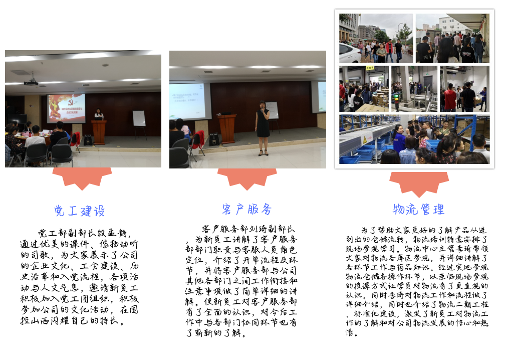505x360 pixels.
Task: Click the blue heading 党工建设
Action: point(80,211)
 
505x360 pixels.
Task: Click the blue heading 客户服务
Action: point(247,209)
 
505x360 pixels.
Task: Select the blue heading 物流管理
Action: point(419,209)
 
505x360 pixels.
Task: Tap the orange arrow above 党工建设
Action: point(82,177)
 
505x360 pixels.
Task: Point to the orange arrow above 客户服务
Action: point(247,178)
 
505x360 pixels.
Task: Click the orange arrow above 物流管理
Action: point(419,183)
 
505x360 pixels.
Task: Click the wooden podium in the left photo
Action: point(99,132)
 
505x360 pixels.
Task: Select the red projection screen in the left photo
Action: point(66,108)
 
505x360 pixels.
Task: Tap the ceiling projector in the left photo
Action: point(31,83)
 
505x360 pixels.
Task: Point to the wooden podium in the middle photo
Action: point(227,128)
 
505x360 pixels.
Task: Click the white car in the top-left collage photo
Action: point(350,54)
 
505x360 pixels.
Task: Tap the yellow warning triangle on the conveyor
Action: point(365,140)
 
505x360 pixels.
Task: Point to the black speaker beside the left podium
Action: point(88,140)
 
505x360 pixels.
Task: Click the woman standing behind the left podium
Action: point(99,114)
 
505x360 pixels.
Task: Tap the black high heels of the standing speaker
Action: point(263,153)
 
